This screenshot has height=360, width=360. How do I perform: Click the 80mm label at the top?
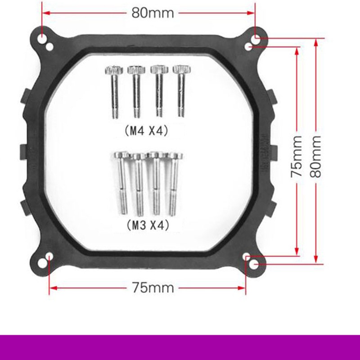(153, 13)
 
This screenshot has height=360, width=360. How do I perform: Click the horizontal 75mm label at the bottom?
(153, 288)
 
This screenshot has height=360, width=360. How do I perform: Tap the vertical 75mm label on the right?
(297, 157)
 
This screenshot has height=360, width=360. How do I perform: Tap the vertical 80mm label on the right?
(315, 157)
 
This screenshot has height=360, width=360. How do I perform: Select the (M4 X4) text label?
(147, 131)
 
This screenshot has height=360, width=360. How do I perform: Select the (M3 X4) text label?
(148, 225)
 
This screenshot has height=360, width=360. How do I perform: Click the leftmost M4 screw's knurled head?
(114, 70)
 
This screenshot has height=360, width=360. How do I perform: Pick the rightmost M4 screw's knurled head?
(182, 69)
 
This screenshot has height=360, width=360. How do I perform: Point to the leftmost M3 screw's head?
(121, 155)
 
